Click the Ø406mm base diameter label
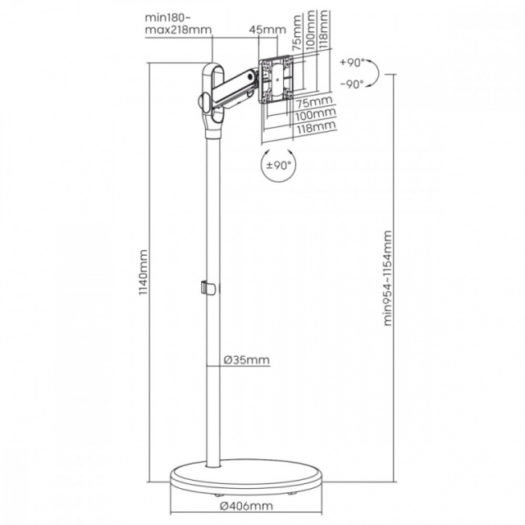[x=246, y=505]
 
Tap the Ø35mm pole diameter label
[x=246, y=360]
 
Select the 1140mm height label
[x=144, y=272]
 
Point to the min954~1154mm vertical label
[x=387, y=278]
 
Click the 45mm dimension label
[x=267, y=30]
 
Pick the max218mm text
[x=178, y=30]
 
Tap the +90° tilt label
[x=352, y=62]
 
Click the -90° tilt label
[x=352, y=84]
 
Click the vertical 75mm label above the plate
[x=297, y=33]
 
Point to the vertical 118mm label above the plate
[x=323, y=30]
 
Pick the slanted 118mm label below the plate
[x=316, y=127]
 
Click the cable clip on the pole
[x=208, y=288]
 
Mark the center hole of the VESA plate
[x=277, y=80]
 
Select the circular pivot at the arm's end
[x=249, y=75]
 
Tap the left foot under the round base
[x=219, y=494]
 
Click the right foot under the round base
[x=292, y=492]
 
